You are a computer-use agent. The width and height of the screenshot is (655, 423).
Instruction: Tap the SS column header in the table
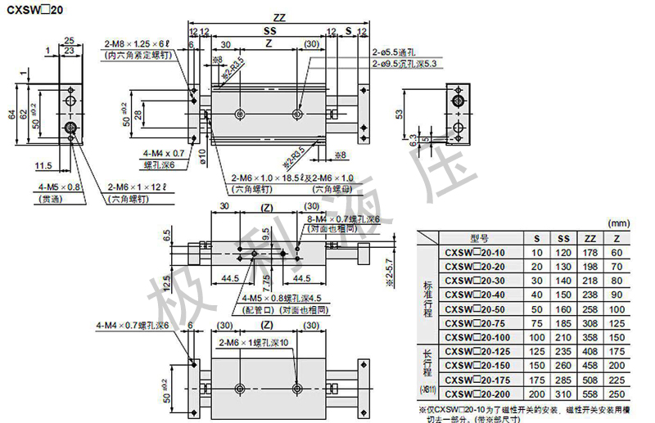tap(562, 238)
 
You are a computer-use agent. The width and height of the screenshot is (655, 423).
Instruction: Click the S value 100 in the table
tap(537, 337)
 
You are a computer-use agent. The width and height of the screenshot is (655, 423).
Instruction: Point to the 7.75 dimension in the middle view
tap(269, 282)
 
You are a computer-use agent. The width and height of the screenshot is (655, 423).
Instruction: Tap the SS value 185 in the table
tap(562, 322)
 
